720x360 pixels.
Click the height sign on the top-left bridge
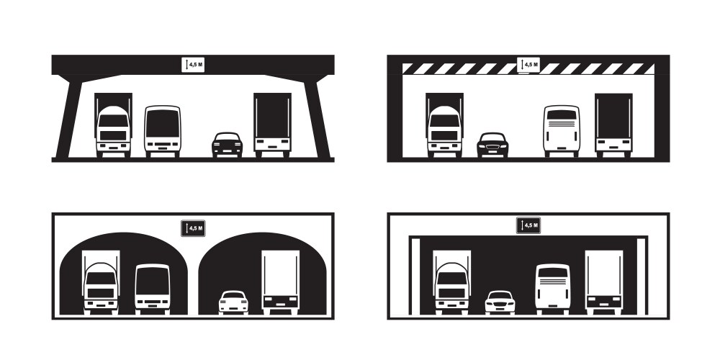point(193,65)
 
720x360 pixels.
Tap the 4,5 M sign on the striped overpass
point(528,65)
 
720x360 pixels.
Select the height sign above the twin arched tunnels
point(193,228)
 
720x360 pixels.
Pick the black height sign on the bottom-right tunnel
point(528,225)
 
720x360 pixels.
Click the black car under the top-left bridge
point(227,145)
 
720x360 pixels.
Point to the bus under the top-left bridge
point(163,132)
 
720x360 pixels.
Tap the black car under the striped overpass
point(492,145)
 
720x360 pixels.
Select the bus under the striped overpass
point(562,131)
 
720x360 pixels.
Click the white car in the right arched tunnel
point(233,302)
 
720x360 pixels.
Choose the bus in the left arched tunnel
point(153,289)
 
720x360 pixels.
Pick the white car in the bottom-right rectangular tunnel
point(500,302)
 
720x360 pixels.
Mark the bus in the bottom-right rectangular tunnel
point(553,289)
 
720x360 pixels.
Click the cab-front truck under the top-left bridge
point(114,125)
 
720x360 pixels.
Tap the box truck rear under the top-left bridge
point(272,125)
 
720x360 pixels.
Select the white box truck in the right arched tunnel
point(281,282)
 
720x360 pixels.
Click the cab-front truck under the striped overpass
point(444,125)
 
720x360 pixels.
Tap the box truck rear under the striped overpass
point(613,125)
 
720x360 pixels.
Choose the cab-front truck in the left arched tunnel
point(101,282)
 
